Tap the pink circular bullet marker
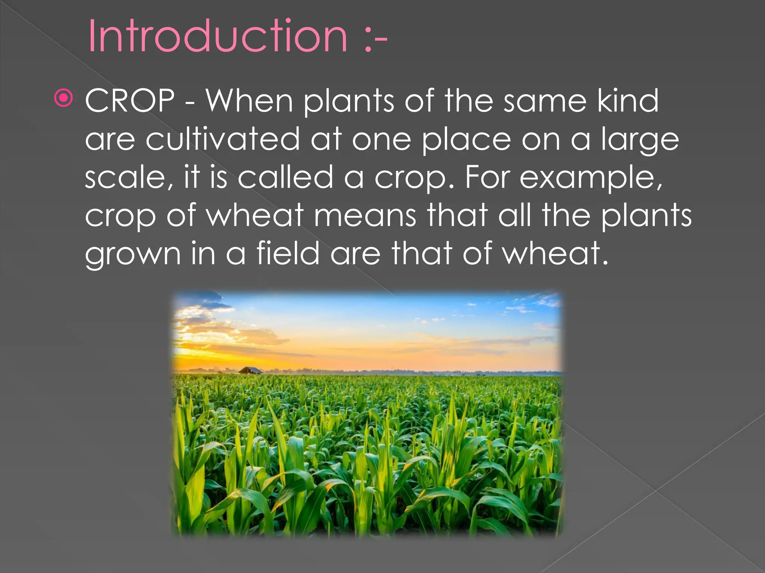pyautogui.click(x=64, y=98)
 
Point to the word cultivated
pyautogui.click(x=223, y=139)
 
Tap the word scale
pyautogui.click(x=125, y=177)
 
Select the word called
pyautogui.click(x=285, y=177)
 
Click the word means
pyautogui.click(x=365, y=216)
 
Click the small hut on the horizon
pyautogui.click(x=251, y=370)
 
